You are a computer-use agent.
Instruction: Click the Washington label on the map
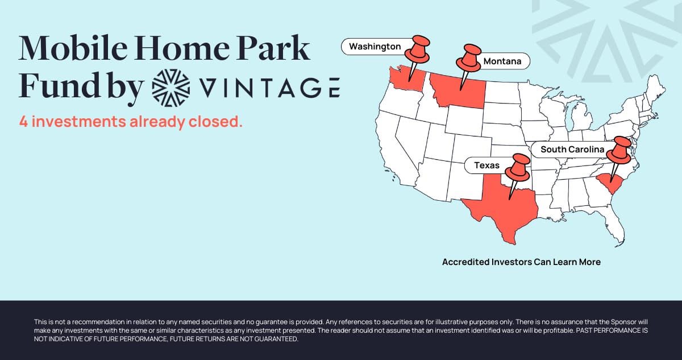[x=375, y=47]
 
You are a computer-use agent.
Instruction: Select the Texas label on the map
[x=486, y=165]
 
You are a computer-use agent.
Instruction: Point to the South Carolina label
[x=572, y=150]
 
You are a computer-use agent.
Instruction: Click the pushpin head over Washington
[x=418, y=49]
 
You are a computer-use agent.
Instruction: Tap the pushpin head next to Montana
[x=469, y=58]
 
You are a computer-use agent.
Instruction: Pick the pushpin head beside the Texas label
[x=518, y=168]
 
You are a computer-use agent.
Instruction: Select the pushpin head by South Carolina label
[x=619, y=150]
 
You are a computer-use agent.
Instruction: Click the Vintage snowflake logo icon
[x=171, y=88]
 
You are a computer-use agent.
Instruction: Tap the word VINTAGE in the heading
[x=270, y=88]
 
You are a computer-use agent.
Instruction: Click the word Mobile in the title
[x=73, y=48]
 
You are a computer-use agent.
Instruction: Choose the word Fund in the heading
[x=59, y=85]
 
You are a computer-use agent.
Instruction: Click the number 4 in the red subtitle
[x=23, y=122]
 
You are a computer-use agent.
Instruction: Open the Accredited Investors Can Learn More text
[x=521, y=262]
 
